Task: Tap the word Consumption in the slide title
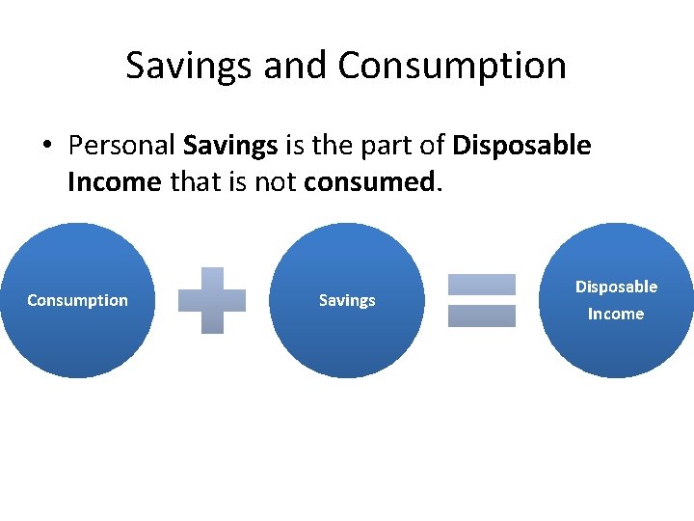coord(452,66)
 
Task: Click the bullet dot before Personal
coord(46,147)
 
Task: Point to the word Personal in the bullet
coord(121,146)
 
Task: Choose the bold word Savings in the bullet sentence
coord(230,146)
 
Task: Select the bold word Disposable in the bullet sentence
coord(521,146)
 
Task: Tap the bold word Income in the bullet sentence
coord(114,181)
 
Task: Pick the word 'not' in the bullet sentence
coord(277,181)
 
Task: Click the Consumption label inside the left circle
coord(77,300)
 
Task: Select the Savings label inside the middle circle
coord(347,300)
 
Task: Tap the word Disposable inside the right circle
coord(616,287)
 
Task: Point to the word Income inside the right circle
coord(616,314)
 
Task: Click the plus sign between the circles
coord(212,300)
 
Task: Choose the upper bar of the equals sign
coord(482,284)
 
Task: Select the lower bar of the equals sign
coord(482,315)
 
